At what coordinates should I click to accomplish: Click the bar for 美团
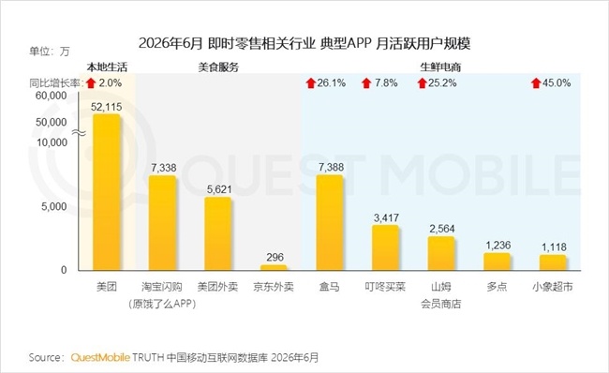107,192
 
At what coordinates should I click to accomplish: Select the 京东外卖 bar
274,268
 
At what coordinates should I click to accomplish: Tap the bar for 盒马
330,223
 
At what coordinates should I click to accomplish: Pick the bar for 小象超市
553,262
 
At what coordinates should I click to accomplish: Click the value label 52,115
107,107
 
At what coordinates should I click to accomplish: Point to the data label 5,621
219,189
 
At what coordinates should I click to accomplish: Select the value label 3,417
386,217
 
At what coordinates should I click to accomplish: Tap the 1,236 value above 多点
498,246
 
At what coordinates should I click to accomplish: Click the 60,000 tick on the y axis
52,96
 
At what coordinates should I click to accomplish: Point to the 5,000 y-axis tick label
54,206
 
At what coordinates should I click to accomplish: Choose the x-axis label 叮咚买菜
385,287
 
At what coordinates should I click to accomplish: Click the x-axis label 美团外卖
218,287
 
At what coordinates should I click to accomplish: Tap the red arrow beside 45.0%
536,82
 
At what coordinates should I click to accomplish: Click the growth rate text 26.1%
332,82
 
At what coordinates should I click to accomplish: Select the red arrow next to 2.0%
91,82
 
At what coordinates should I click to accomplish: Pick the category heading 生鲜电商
440,67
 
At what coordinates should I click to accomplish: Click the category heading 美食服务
218,67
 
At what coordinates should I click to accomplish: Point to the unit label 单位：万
50,52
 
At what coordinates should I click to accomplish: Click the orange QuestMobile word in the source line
100,357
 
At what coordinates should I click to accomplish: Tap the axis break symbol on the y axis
80,133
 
